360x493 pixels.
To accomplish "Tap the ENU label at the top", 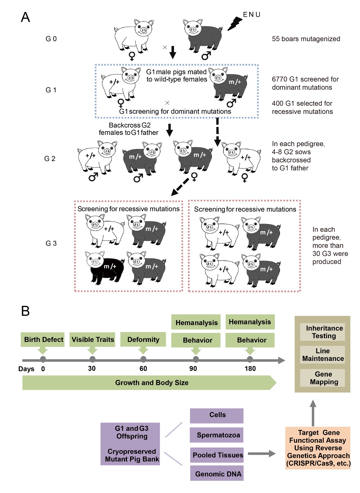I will tap(252, 14).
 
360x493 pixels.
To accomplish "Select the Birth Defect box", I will tap(43, 339).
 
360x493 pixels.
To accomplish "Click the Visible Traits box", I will tap(93, 339).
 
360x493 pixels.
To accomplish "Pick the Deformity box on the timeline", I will tap(143, 339).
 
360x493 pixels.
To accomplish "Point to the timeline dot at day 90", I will tap(196, 359).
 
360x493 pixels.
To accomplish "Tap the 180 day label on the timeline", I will tap(250, 369).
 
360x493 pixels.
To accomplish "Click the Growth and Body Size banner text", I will tap(152, 383).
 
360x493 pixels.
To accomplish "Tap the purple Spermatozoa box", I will tap(217, 435).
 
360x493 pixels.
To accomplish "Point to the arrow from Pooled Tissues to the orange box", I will tap(261, 454).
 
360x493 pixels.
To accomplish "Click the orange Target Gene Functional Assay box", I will tap(318, 448).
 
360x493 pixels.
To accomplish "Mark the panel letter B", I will tap(26, 311).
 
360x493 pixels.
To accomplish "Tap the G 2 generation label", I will tap(50, 159).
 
